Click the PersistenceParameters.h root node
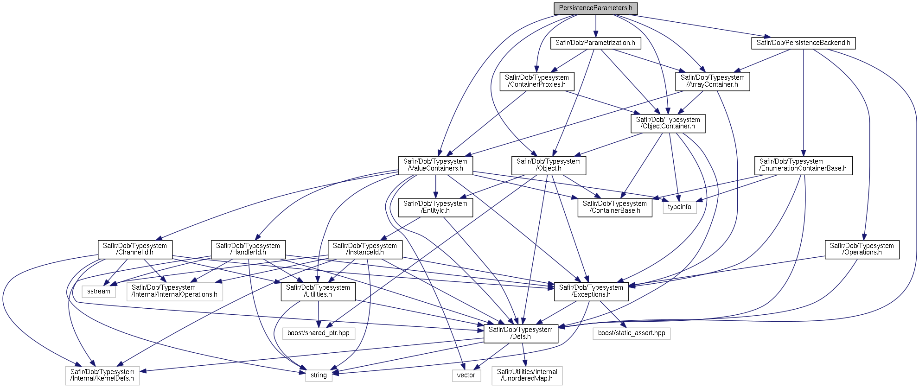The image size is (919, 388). pyautogui.click(x=595, y=8)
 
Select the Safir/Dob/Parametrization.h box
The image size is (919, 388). pyautogui.click(x=595, y=43)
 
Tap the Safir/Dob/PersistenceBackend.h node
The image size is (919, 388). pyautogui.click(x=803, y=43)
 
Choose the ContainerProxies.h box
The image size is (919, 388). pyautogui.click(x=536, y=81)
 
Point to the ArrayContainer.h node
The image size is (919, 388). pyautogui.click(x=712, y=81)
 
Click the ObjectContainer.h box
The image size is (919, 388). pyautogui.click(x=668, y=123)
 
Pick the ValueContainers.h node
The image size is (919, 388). pyautogui.click(x=435, y=165)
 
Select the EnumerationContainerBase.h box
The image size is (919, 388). pyautogui.click(x=803, y=165)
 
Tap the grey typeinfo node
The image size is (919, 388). pyautogui.click(x=679, y=207)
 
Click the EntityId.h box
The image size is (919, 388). pyautogui.click(x=435, y=207)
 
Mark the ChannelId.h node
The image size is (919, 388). pyautogui.click(x=135, y=249)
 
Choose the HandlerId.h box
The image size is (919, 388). pyautogui.click(x=248, y=249)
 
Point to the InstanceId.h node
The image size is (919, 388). pyautogui.click(x=365, y=249)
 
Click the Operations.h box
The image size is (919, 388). pyautogui.click(x=862, y=249)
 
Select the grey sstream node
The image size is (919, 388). pyautogui.click(x=99, y=292)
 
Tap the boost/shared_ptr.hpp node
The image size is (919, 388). pyautogui.click(x=319, y=333)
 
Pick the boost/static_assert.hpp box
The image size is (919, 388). pyautogui.click(x=631, y=333)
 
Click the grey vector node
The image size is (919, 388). pyautogui.click(x=466, y=375)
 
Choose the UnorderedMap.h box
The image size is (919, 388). pyautogui.click(x=527, y=375)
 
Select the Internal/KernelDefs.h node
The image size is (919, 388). pyautogui.click(x=102, y=375)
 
